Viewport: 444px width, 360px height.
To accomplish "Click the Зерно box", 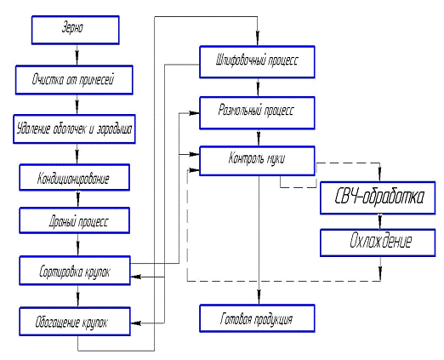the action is (75, 30).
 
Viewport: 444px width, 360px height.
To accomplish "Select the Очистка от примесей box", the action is (74, 80).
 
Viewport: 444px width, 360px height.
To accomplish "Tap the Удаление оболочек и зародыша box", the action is (74, 129).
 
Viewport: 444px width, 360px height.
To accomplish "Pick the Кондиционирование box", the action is (75, 177).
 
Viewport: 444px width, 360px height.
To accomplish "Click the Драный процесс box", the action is (75, 220).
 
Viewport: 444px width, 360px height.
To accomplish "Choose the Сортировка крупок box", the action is (75, 271).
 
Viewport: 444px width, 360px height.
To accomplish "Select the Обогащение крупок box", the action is (75, 321).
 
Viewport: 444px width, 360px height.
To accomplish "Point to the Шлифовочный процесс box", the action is (257, 62).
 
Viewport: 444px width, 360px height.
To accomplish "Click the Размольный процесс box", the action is (257, 113).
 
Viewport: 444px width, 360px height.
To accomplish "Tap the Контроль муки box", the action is (257, 161).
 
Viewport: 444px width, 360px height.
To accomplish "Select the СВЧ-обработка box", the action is (378, 197).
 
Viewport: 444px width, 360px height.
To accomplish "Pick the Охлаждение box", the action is (378, 243).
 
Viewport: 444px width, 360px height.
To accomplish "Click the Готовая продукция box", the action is (257, 318).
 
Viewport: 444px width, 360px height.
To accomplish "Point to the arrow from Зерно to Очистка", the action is (77, 54).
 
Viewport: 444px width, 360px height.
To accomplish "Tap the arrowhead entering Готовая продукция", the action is (259, 297).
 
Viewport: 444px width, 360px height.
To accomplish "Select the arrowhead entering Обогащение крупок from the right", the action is (136, 323).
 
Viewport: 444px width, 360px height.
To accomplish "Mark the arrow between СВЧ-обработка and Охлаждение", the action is (380, 221).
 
